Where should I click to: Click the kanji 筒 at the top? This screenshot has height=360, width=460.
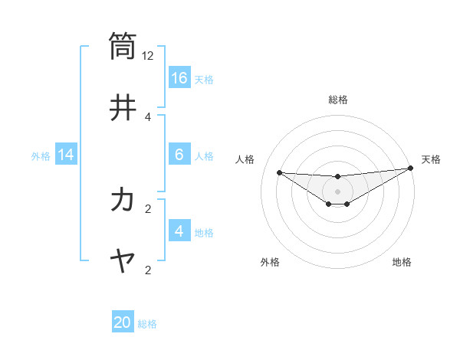coord(123,45)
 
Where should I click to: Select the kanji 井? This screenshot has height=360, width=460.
coord(123,106)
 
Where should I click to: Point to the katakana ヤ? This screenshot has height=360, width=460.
coord(123,261)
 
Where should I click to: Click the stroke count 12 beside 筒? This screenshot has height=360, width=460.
coord(148,55)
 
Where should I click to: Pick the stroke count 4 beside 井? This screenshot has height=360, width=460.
coord(148,116)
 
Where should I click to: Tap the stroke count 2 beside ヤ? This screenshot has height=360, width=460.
coord(148,270)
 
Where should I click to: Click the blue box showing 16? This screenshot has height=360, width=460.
coord(179,78)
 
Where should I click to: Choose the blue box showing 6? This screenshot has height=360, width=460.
coord(179,155)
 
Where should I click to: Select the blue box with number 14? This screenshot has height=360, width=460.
coord(66,155)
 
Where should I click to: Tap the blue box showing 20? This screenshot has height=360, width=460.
coord(123,322)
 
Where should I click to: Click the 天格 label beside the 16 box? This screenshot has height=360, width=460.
coord(204,79)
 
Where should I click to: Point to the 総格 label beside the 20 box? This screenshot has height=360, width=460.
coord(147,323)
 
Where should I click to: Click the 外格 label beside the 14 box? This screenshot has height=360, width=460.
coord(41,155)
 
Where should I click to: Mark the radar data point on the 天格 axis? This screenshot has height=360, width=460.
coord(410,169)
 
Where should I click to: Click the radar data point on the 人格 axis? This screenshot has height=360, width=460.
coord(279,172)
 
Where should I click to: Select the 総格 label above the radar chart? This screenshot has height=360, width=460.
coord(337,100)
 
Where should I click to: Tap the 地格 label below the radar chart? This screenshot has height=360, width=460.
coord(402,262)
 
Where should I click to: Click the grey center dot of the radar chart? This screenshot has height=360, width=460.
coord(337,191)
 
